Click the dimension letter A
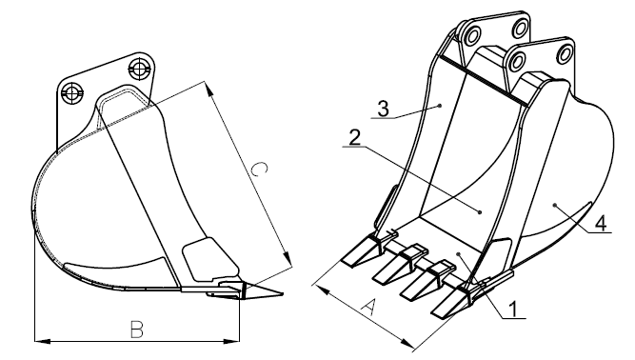[x=367, y=308]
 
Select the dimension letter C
[x=259, y=170]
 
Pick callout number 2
[x=354, y=138]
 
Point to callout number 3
[x=383, y=109]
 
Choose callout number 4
[x=602, y=223]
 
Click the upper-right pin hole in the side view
[x=139, y=69]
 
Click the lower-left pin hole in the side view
[x=71, y=93]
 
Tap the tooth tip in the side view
[x=282, y=293]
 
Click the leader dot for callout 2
[x=480, y=211]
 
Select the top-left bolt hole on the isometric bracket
[x=472, y=35]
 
